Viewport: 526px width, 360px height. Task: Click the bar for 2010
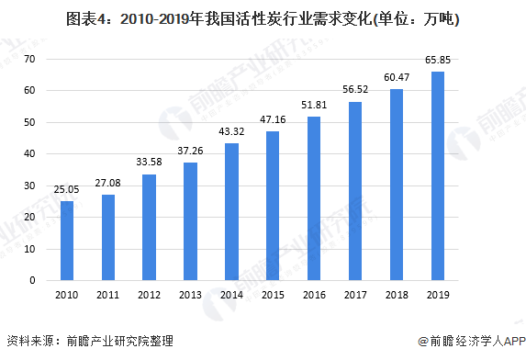click(x=67, y=241)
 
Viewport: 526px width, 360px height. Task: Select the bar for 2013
click(x=190, y=221)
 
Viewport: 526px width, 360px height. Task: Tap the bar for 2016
click(x=314, y=198)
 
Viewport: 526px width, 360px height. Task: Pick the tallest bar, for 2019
click(x=438, y=176)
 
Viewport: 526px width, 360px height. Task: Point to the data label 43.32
click(x=231, y=133)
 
